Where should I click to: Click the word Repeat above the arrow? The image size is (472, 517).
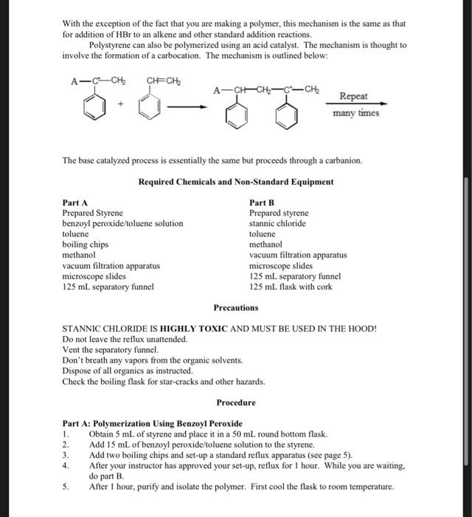point(355,97)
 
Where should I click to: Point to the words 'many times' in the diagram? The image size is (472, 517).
point(355,114)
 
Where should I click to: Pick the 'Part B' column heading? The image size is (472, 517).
point(262,202)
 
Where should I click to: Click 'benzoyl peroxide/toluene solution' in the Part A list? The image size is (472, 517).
point(122,223)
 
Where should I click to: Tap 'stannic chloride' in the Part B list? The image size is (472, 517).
point(277,223)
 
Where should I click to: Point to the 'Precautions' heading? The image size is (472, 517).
point(236,307)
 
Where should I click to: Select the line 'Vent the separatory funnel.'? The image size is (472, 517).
point(111,349)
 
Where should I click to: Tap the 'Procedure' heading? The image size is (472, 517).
point(236,403)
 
